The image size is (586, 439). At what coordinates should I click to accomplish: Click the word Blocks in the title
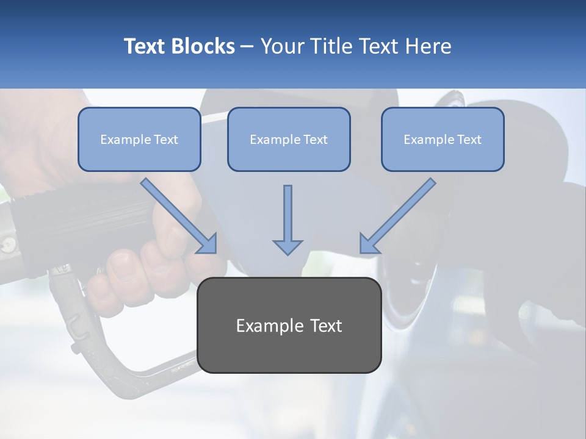(203, 46)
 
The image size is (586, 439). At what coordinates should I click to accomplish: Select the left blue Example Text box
(139, 139)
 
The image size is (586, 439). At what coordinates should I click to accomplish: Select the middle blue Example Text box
(289, 139)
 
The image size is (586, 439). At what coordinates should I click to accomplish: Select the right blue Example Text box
(443, 139)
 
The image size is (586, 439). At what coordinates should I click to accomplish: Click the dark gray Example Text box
(289, 325)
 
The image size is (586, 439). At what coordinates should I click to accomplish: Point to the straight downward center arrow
(288, 220)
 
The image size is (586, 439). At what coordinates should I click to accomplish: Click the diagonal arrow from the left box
(179, 216)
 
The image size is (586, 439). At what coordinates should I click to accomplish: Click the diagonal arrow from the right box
(397, 216)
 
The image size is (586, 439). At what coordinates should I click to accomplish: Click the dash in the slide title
(247, 47)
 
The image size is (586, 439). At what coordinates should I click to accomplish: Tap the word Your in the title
(284, 46)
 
